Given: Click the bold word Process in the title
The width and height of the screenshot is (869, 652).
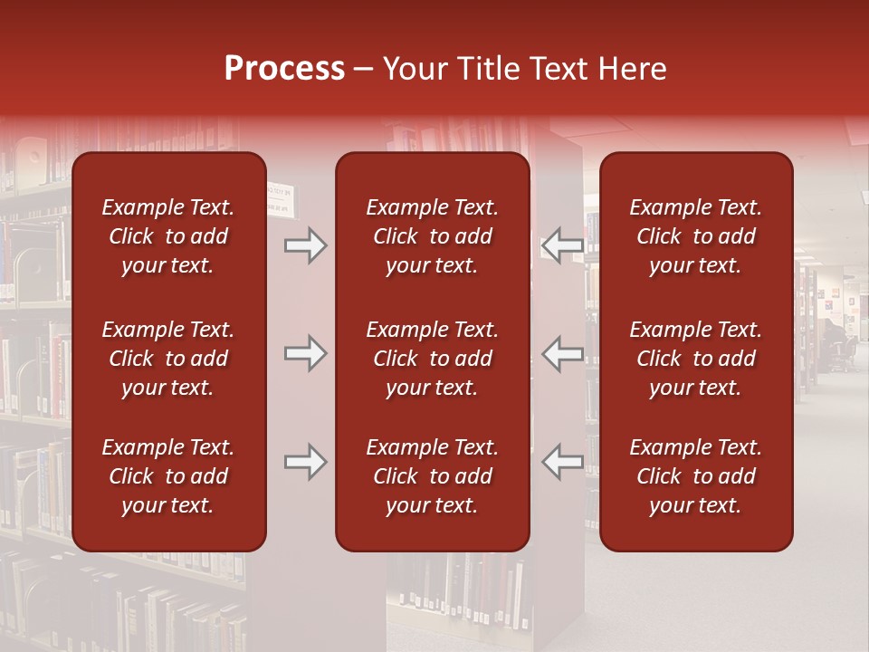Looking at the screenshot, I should click(284, 69).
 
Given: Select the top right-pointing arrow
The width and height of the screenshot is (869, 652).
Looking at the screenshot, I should click(306, 245).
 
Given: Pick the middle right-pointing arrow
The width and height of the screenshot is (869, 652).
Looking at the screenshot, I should click(306, 353).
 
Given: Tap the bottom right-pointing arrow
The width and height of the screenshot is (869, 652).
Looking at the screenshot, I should click(306, 462).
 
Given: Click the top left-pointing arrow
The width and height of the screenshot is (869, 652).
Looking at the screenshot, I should click(563, 245).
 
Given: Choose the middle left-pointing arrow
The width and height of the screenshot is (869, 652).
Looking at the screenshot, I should click(563, 353).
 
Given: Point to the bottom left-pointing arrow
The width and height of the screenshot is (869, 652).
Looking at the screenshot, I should click(563, 462).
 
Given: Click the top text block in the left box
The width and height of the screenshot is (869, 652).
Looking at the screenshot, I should click(168, 236).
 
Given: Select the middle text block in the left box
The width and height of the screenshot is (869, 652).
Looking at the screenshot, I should click(168, 359).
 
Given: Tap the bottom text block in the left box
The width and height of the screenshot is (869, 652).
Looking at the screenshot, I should click(168, 476).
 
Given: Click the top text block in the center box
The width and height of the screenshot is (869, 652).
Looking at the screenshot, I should click(433, 236).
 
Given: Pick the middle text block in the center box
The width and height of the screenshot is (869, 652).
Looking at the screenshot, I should click(433, 359).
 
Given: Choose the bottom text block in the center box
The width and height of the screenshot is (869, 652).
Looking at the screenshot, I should click(433, 476).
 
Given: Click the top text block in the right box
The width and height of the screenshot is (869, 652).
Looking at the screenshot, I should click(696, 236).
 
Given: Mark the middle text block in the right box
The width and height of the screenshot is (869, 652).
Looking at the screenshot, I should click(696, 359).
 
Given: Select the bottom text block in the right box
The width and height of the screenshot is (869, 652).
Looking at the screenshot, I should click(696, 476).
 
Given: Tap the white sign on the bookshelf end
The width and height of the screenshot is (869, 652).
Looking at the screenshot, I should click(280, 201).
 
